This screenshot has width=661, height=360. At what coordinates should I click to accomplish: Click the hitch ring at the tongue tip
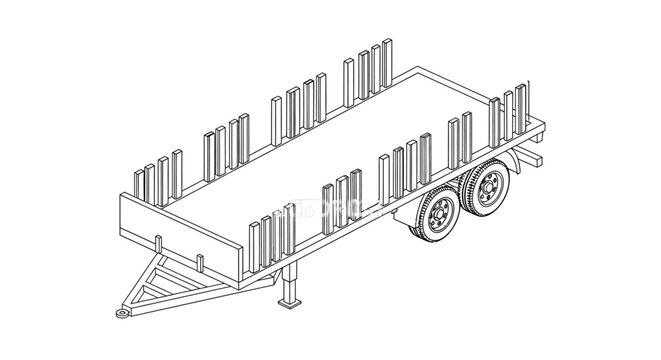click(x=122, y=314)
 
